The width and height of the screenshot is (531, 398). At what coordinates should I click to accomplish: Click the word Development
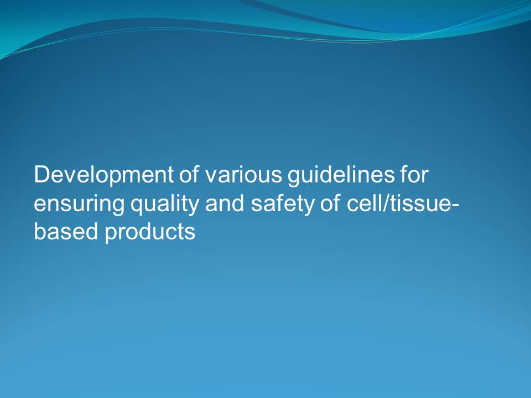click(x=103, y=176)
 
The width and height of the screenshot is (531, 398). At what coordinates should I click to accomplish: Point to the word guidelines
click(x=341, y=176)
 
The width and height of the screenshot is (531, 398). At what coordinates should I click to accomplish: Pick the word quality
click(x=165, y=205)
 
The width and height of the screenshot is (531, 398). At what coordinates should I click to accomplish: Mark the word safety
click(x=283, y=205)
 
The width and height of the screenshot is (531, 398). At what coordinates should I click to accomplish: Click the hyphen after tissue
click(x=455, y=206)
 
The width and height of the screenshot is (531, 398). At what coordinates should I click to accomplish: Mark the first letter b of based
click(x=40, y=231)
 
